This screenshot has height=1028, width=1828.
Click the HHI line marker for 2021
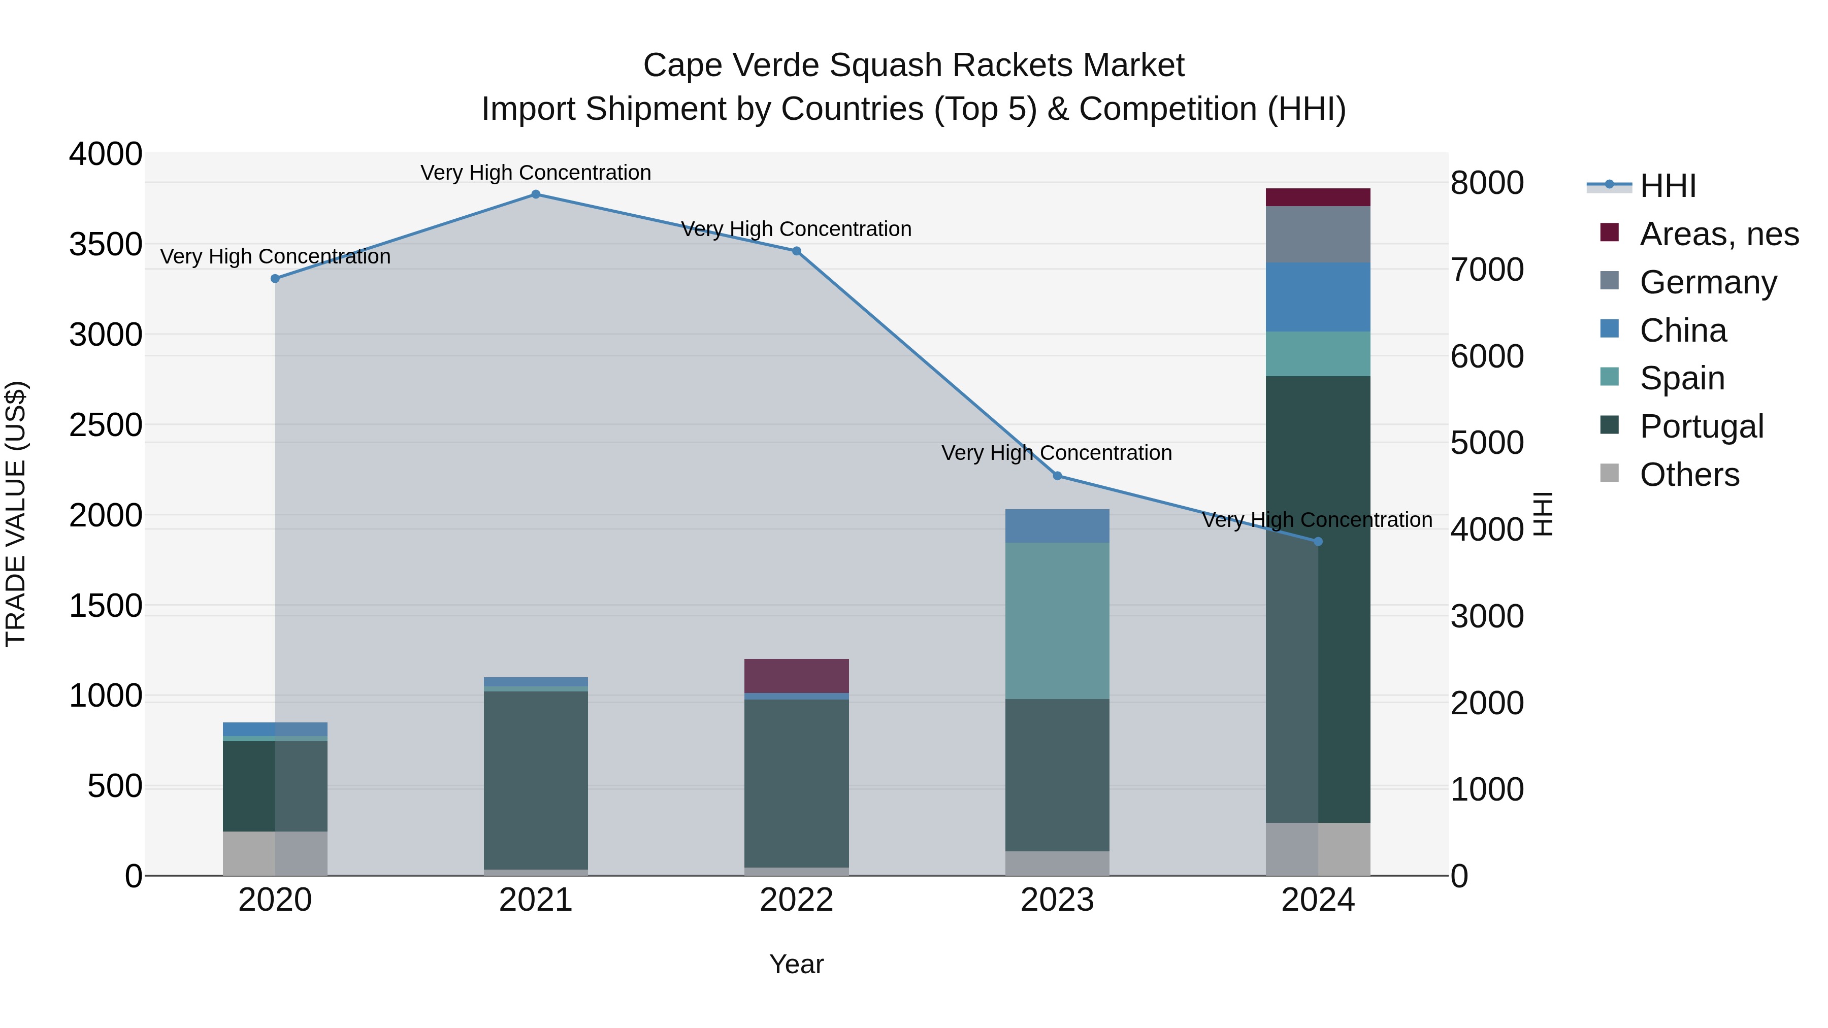click(x=536, y=194)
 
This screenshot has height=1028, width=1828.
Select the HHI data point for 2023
click(x=1057, y=476)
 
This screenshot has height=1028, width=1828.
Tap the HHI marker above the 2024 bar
click(x=1318, y=541)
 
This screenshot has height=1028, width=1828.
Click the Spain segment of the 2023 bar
click(x=1057, y=621)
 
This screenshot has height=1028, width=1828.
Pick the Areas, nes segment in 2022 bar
click(x=796, y=675)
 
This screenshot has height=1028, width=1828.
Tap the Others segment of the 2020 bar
click(x=275, y=853)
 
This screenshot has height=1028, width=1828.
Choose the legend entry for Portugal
click(x=1701, y=426)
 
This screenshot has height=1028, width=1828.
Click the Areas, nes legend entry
click(x=1718, y=234)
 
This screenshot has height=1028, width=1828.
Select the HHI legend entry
click(x=1667, y=186)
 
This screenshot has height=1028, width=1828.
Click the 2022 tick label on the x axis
click(x=796, y=900)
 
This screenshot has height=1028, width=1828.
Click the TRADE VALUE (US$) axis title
click(x=16, y=514)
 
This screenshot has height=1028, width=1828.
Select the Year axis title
click(x=796, y=964)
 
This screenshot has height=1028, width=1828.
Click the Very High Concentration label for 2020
click(x=275, y=256)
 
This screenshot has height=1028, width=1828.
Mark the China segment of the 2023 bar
click(x=1057, y=526)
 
